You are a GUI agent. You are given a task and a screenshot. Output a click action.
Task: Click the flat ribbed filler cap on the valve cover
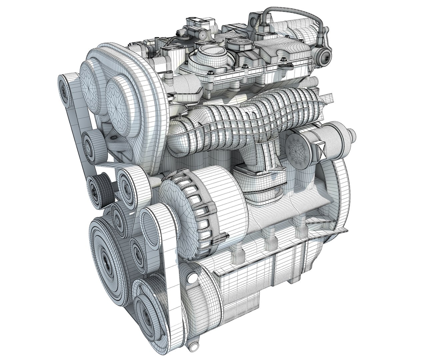pos(238,44)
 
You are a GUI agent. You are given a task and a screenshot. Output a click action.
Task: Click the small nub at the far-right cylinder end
pos(353,135)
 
